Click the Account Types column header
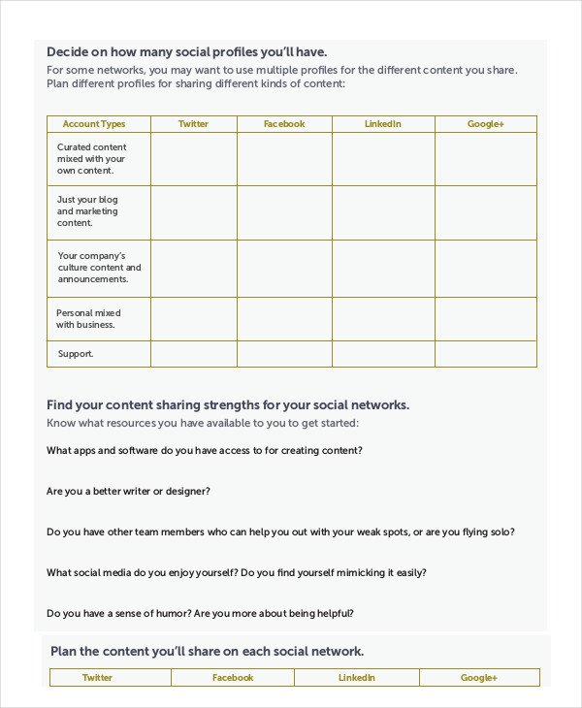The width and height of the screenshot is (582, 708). point(94,124)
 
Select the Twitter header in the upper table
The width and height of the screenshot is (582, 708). point(193,124)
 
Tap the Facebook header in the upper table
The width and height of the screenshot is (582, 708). point(284,124)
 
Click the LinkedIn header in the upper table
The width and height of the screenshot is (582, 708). point(383,124)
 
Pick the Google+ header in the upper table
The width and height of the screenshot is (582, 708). point(486,124)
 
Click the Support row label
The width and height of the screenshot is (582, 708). point(76,354)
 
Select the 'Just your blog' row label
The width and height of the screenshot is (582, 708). point(87,211)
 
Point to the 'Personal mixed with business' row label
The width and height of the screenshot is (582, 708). point(88,319)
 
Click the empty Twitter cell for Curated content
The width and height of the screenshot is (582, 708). point(193,159)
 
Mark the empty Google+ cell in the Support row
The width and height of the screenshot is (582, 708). point(486,354)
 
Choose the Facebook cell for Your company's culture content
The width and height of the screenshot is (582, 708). point(284,269)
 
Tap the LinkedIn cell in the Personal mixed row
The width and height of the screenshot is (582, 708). point(383,319)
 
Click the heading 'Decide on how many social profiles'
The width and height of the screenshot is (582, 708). point(186,51)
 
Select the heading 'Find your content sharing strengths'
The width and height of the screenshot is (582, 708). point(228,404)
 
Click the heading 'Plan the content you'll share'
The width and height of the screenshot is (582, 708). point(207,652)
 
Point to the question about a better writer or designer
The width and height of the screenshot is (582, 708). point(128,492)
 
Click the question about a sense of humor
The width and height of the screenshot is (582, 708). point(200,614)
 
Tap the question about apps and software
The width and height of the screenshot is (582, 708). point(205,451)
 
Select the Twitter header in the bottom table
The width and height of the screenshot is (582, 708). point(97,678)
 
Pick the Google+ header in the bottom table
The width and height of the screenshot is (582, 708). point(479,678)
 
